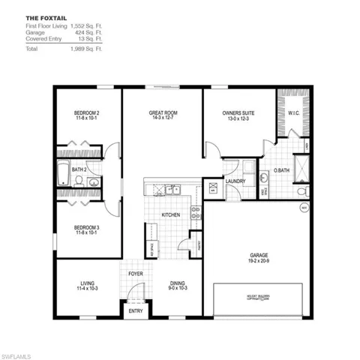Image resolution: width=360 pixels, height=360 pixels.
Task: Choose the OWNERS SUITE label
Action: [x=238, y=112]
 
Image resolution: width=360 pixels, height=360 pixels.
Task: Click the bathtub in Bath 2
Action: [x=64, y=175]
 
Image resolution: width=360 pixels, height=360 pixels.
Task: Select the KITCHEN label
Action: [x=172, y=215]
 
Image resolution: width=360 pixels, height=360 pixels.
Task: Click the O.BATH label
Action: [x=281, y=170]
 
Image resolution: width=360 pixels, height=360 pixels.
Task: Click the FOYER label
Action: [x=136, y=274]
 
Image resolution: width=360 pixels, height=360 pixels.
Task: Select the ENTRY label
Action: [x=136, y=310]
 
